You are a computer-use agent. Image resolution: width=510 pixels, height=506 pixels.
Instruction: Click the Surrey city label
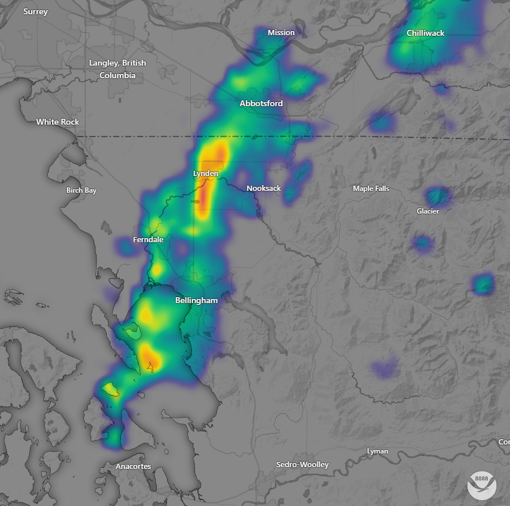coord(35,12)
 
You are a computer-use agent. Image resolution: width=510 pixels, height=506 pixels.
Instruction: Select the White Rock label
coord(57,122)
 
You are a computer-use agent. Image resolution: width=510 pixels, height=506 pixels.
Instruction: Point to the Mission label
coord(281,32)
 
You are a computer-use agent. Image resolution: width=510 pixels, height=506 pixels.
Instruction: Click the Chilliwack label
coord(425,33)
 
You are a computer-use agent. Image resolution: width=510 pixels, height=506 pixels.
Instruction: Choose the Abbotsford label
coord(261,103)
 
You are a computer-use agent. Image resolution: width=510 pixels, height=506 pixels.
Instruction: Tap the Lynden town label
coord(206,173)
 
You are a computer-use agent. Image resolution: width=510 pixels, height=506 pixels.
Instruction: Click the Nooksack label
coord(264,188)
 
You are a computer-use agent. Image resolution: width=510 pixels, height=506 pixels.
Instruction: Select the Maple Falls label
coord(371,189)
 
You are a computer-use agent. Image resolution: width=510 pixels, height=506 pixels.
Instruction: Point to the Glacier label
coord(428,211)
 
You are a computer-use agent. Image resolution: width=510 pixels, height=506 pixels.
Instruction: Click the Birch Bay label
coord(81,190)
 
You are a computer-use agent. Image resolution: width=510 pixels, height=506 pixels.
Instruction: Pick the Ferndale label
coord(148,239)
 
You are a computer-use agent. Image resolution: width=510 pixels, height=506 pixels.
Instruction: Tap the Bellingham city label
coord(196,300)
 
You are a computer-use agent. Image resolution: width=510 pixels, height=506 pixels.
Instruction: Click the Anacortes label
coord(134,466)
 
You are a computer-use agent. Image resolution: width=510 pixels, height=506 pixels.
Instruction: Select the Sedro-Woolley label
coord(302,464)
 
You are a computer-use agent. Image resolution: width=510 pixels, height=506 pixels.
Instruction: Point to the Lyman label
coord(377,451)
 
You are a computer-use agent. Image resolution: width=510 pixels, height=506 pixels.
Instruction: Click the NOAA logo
coord(482,485)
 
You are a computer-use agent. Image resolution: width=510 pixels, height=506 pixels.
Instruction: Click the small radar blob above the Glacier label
coord(438,195)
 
